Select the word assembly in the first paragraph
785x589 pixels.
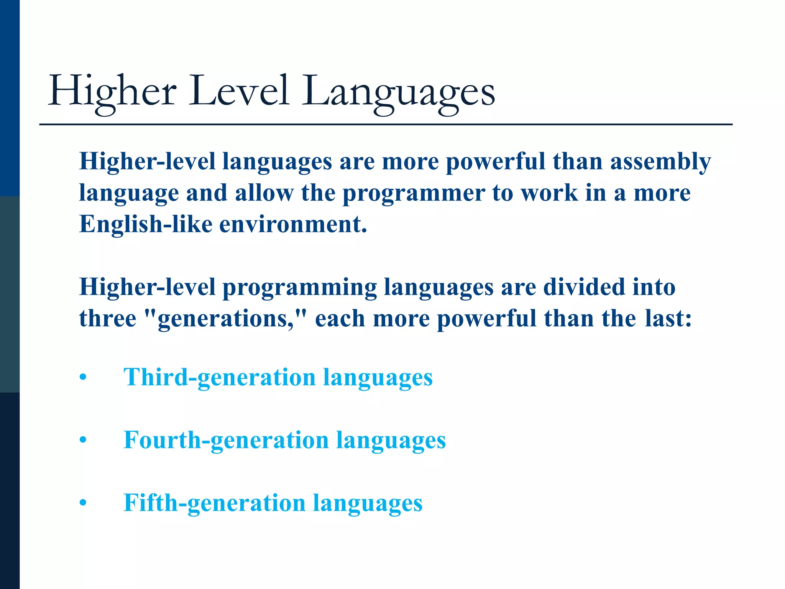[x=660, y=161]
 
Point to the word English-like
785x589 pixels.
[x=146, y=224]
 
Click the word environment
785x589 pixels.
[x=293, y=224]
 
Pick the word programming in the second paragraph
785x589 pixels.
[x=300, y=288]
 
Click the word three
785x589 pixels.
[x=108, y=319]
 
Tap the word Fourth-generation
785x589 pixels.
[x=226, y=440]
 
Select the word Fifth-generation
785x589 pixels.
[x=214, y=503]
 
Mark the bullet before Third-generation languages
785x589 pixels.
[x=83, y=378]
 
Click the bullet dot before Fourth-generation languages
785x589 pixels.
[x=83, y=440]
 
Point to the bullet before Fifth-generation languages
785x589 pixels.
[x=83, y=503]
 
